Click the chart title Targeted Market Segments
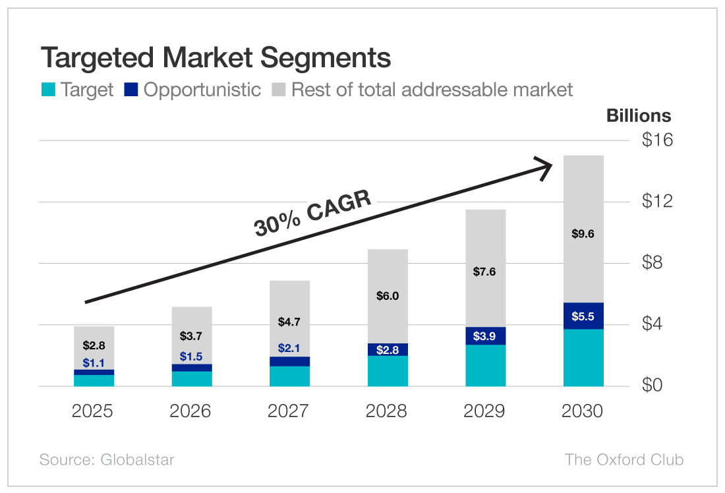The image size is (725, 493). pos(216,58)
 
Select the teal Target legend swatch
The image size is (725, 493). pos(47,90)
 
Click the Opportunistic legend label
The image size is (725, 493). pos(202,90)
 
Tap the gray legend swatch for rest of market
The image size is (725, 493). pos(279,90)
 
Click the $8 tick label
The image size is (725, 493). pos(656,263)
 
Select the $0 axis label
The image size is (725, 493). pos(656,386)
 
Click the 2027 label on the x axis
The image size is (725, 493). pos(288,411)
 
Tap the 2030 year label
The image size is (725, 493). pos(583,411)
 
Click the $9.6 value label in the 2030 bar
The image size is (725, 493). pos(583,233)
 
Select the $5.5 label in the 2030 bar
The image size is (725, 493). pos(583,316)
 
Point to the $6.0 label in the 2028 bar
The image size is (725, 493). pos(388,296)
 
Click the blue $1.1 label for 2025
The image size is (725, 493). pos(94,362)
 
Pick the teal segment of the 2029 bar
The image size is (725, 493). pos(486,366)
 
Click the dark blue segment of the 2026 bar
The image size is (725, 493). pos(192,368)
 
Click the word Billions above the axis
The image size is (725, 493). pos(638,116)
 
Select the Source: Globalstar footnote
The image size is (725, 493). pos(107,459)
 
